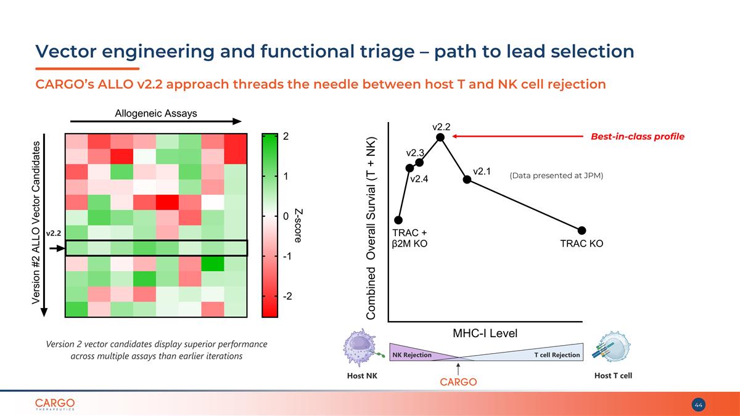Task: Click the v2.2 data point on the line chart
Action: point(440,137)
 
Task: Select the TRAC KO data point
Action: point(582,230)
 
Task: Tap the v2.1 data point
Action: point(467,179)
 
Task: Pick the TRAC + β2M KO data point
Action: point(398,219)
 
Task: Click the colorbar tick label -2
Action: point(287,296)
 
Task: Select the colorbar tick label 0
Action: point(286,216)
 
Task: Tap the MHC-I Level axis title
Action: point(486,333)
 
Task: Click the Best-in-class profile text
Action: point(638,137)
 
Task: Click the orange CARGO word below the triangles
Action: point(458,382)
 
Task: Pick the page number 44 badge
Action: point(699,405)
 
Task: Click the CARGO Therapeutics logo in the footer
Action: point(55,404)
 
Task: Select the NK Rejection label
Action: point(412,355)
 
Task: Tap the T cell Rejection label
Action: point(557,355)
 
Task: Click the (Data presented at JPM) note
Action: point(556,176)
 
